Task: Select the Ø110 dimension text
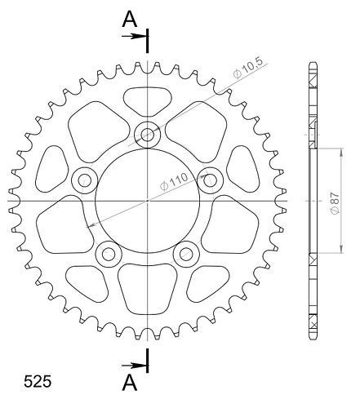[x=175, y=181]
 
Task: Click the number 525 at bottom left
[x=38, y=381]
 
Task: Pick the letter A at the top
[x=130, y=20]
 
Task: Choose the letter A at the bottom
[x=130, y=382]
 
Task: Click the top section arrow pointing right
[x=133, y=36]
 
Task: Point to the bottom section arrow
[x=133, y=366]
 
